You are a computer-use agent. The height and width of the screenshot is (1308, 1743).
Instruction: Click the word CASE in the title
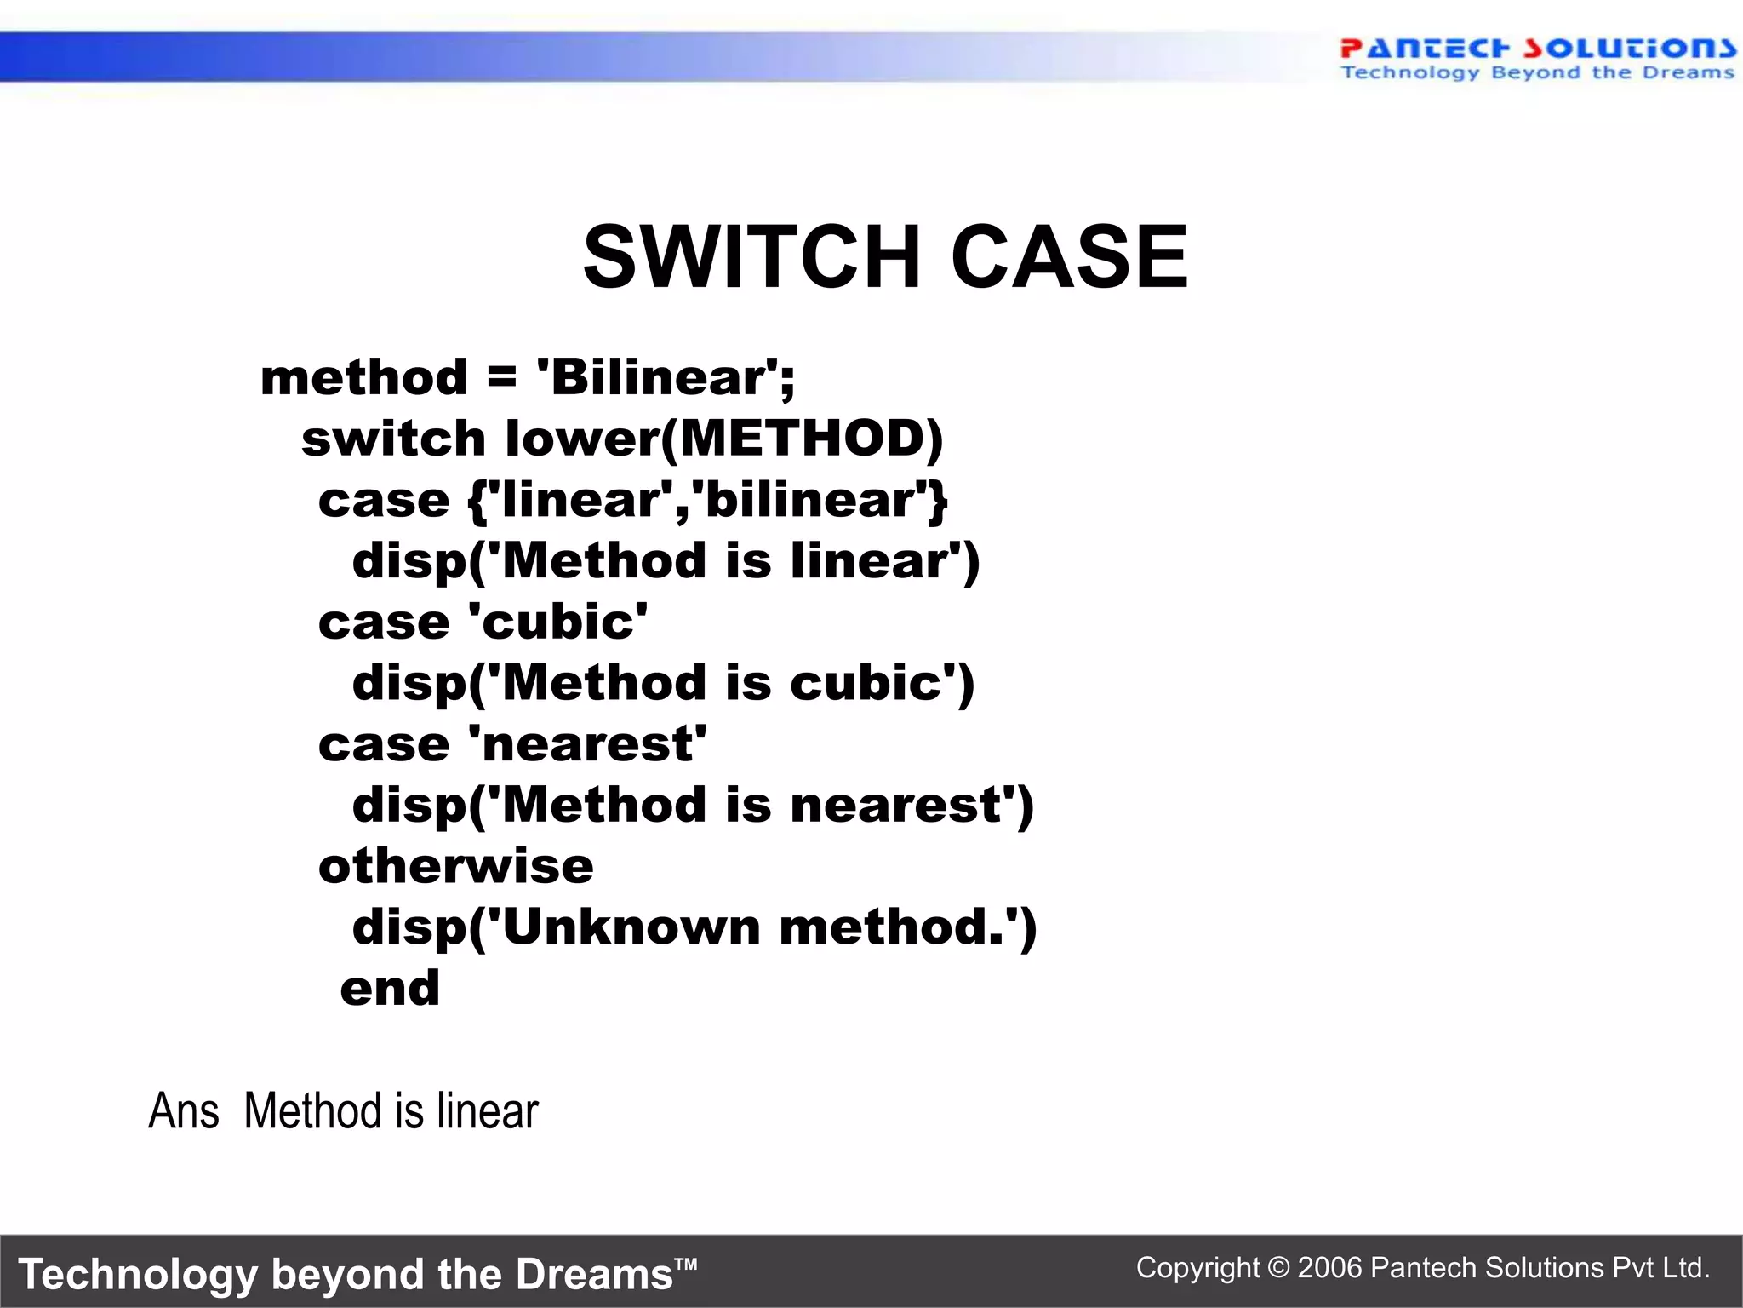1069,256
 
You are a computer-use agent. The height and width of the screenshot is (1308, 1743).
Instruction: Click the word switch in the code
393,439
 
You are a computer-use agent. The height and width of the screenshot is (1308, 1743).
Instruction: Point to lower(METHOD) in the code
724,439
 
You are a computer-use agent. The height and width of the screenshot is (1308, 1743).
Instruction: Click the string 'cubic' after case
558,622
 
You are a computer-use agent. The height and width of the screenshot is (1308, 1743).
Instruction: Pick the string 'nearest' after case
587,744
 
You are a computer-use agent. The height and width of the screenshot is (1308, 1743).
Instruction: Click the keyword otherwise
455,866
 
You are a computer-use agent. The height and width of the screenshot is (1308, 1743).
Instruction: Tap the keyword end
390,989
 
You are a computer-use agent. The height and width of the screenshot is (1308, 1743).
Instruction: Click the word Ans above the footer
184,1111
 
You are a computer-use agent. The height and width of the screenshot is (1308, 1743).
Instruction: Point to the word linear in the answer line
488,1111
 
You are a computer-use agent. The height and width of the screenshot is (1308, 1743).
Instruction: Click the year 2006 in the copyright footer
1330,1268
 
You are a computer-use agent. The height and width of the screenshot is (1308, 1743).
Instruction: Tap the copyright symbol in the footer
1278,1268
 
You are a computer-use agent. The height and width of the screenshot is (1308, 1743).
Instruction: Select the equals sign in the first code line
502,377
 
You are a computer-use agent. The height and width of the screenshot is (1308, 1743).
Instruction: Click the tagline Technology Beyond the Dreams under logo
1537,73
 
